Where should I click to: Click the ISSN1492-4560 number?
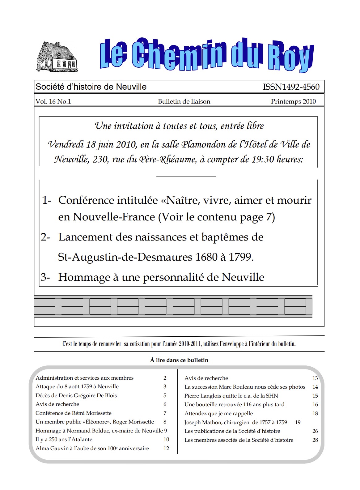tap(291, 87)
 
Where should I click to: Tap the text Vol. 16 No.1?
tap(53, 101)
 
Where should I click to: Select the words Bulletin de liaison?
tap(184, 101)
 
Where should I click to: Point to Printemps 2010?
tap(293, 101)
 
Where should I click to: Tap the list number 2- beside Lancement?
tap(45, 237)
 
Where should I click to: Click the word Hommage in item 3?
tap(84, 277)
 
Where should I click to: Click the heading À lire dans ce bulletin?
tap(179, 360)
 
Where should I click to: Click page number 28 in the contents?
tap(315, 440)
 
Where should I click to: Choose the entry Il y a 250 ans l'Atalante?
tap(64, 439)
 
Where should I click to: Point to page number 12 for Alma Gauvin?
tap(166, 448)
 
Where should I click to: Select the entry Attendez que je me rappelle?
tap(218, 413)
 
